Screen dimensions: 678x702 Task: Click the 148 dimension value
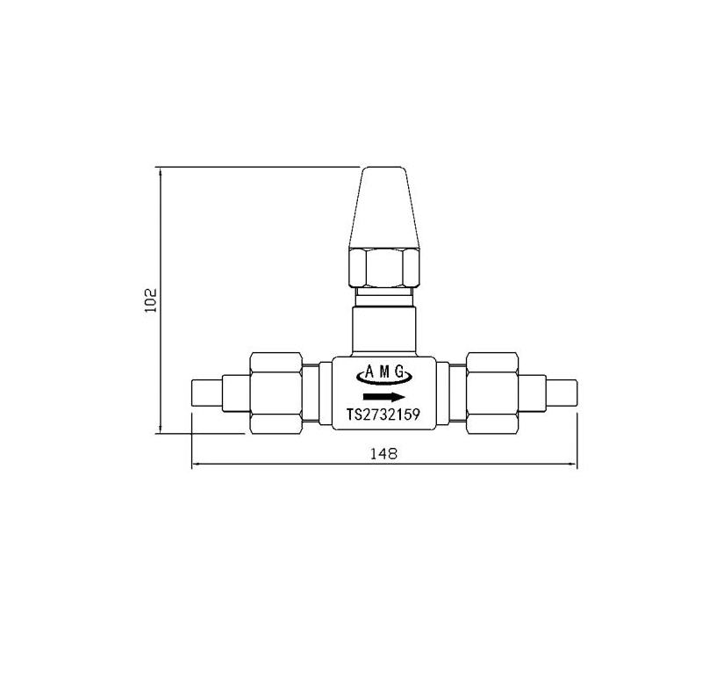(384, 454)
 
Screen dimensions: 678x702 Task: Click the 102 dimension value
(149, 299)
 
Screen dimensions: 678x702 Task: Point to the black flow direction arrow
(383, 396)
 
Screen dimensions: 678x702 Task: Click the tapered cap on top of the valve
(383, 207)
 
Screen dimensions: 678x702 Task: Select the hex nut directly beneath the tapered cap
(383, 268)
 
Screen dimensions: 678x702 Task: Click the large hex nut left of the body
(276, 393)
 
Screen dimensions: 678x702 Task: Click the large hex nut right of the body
(492, 393)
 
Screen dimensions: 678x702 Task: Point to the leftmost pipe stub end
(205, 393)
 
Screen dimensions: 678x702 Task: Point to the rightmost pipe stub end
(562, 393)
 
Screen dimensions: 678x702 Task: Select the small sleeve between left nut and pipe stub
(235, 393)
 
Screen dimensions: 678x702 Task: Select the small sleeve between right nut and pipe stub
(533, 393)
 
